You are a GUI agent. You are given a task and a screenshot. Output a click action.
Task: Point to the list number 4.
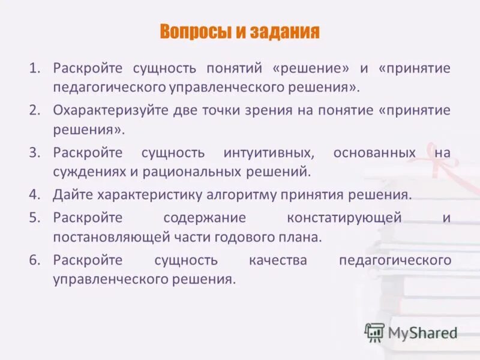(34, 195)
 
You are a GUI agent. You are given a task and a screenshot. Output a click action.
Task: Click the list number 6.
(34, 260)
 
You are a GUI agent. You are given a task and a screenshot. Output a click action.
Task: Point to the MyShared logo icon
(374, 332)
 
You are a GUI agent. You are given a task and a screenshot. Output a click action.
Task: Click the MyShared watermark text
(422, 332)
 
